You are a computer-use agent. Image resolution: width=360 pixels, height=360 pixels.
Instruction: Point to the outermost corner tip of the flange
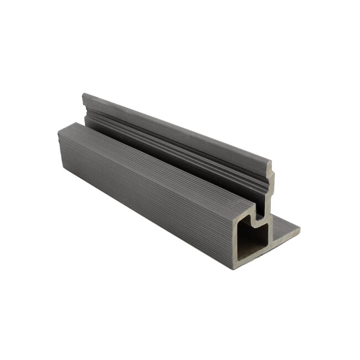[x=300, y=228]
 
